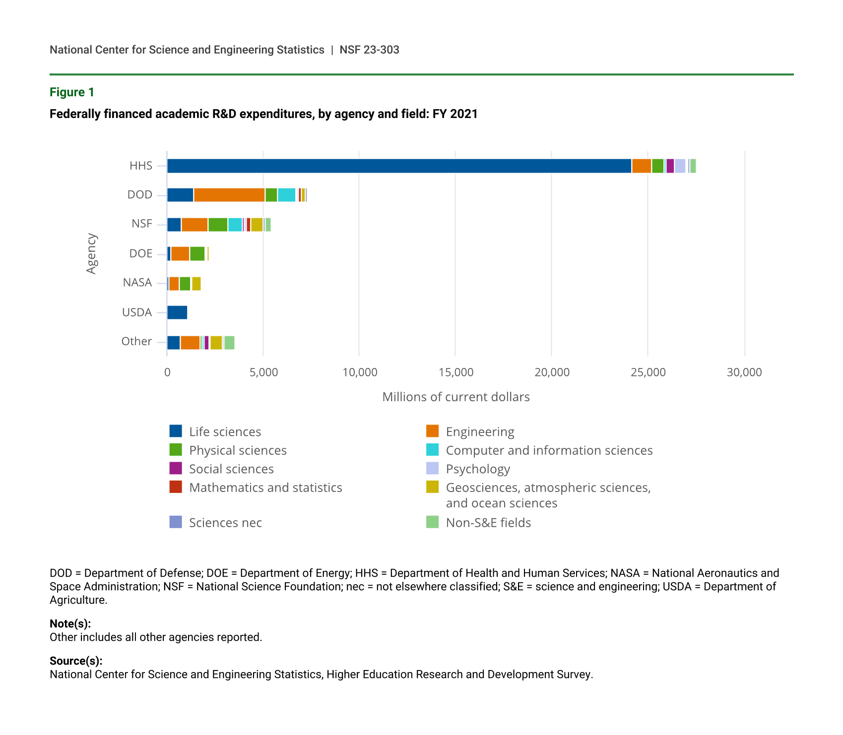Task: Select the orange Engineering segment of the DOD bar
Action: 229,195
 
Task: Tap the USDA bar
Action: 177,312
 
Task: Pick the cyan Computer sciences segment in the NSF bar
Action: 235,225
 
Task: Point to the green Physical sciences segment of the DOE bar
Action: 197,253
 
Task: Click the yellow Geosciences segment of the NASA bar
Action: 196,284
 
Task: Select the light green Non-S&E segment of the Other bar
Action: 229,343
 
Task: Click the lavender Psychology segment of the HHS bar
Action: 680,166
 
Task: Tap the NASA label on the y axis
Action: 137,283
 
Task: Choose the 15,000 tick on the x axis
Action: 456,372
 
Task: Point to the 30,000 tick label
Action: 744,372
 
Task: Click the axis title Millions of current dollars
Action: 456,397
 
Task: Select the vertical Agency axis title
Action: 92,253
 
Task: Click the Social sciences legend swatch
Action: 176,468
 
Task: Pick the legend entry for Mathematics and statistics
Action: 265,488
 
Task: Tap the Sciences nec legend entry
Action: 225,523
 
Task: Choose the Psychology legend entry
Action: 478,469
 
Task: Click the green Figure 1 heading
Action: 72,92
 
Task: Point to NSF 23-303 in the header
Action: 369,50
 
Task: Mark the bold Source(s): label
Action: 76,661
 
